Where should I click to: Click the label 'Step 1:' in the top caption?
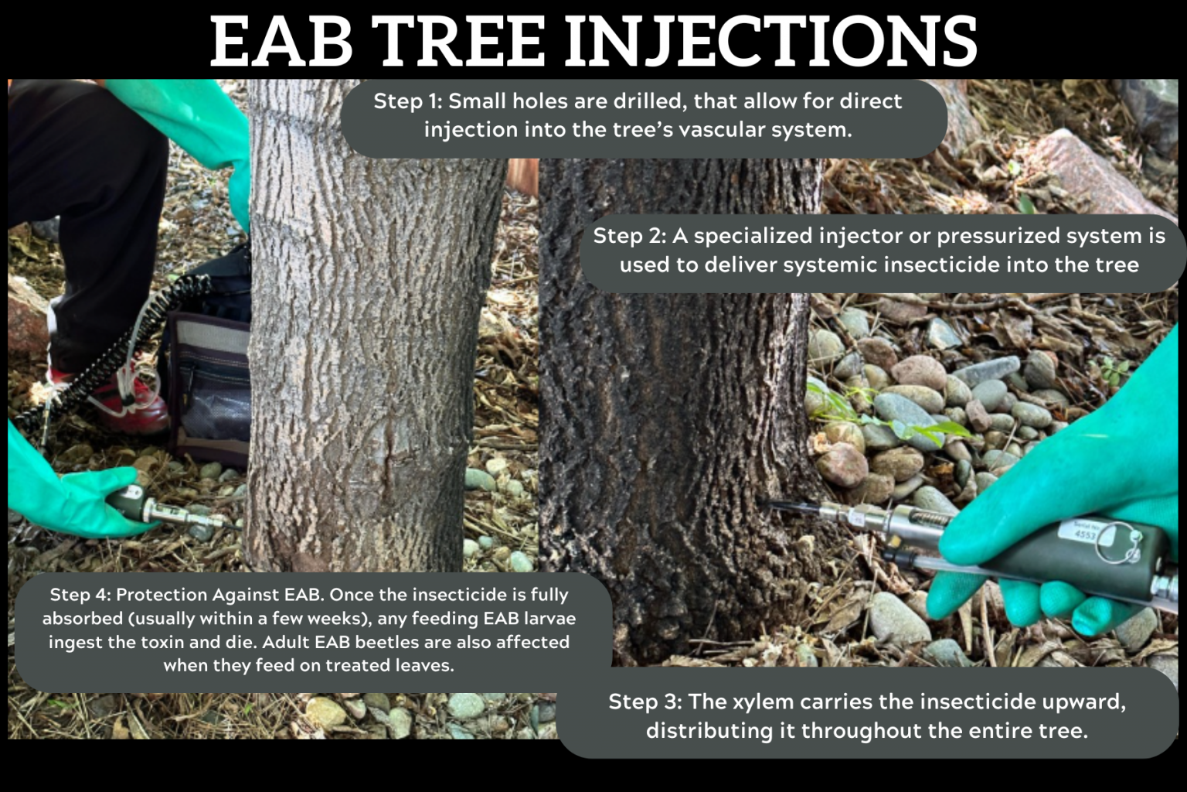[407, 101]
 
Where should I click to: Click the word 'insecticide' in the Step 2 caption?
[948, 265]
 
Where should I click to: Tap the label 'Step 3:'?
[645, 702]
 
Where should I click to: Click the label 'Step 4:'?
[80, 595]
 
